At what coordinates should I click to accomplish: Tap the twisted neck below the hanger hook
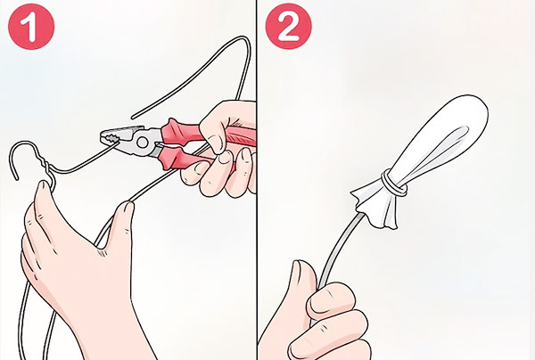[x=41, y=174]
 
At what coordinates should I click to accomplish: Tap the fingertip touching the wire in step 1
[x=127, y=209]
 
